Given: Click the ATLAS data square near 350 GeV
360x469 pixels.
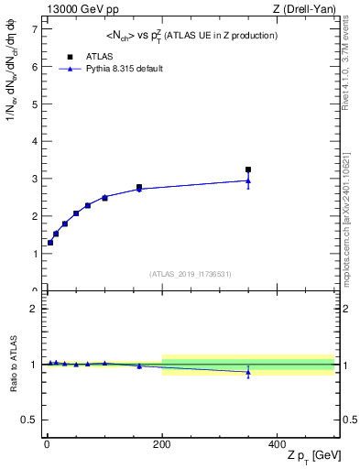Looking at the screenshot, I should click(248, 169).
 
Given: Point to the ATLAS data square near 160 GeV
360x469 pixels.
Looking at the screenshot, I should click(139, 187).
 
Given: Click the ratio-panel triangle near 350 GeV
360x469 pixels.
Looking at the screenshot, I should click(248, 372).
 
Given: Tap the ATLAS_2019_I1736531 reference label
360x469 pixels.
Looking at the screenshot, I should click(191, 274).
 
